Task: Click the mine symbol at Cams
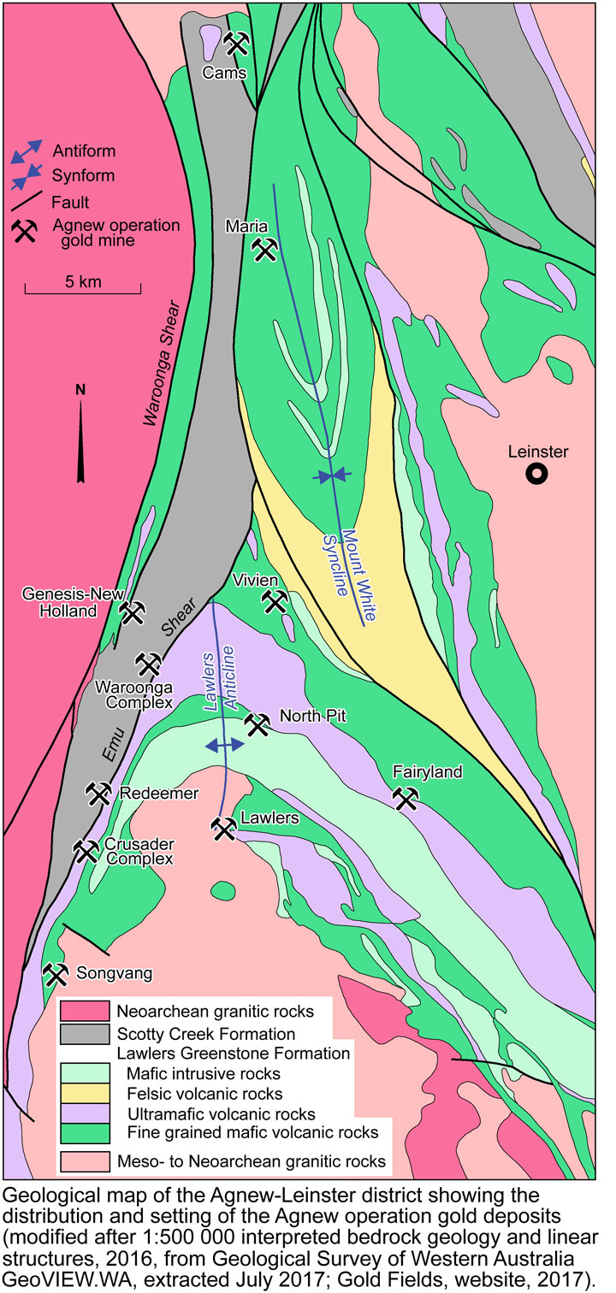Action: tap(237, 42)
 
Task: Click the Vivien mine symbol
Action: tap(275, 602)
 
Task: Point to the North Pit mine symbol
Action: tap(257, 725)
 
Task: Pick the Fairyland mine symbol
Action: tap(406, 799)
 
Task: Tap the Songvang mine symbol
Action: tap(56, 974)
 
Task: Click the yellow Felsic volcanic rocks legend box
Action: tap(86, 1092)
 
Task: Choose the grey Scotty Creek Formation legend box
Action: tap(86, 1033)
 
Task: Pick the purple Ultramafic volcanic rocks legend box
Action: tap(86, 1113)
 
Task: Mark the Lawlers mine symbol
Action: tap(223, 828)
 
